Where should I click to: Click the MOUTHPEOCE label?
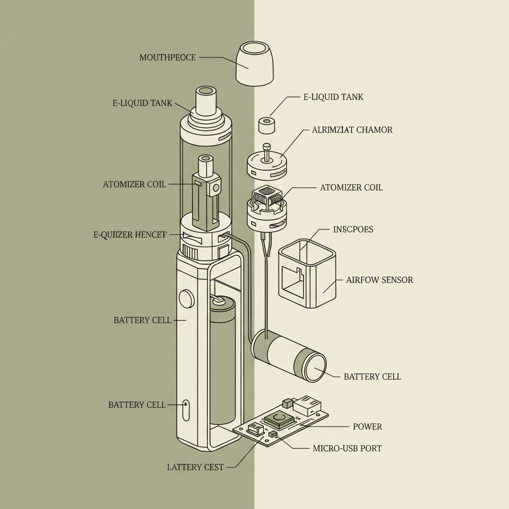(x=168, y=58)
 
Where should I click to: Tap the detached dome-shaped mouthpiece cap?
(x=254, y=63)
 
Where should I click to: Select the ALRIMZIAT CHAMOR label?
(x=352, y=130)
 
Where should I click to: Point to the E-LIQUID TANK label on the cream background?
(x=333, y=97)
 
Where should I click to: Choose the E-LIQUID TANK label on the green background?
(x=142, y=103)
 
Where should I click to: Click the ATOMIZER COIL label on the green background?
(x=134, y=184)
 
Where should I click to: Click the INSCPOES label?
(x=352, y=230)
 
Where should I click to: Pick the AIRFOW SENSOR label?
(x=379, y=280)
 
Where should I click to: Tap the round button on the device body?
(x=186, y=298)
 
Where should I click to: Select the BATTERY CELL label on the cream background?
(x=372, y=377)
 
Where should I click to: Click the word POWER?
(x=367, y=426)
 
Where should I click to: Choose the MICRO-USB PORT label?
(x=347, y=448)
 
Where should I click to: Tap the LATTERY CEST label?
(x=195, y=467)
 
